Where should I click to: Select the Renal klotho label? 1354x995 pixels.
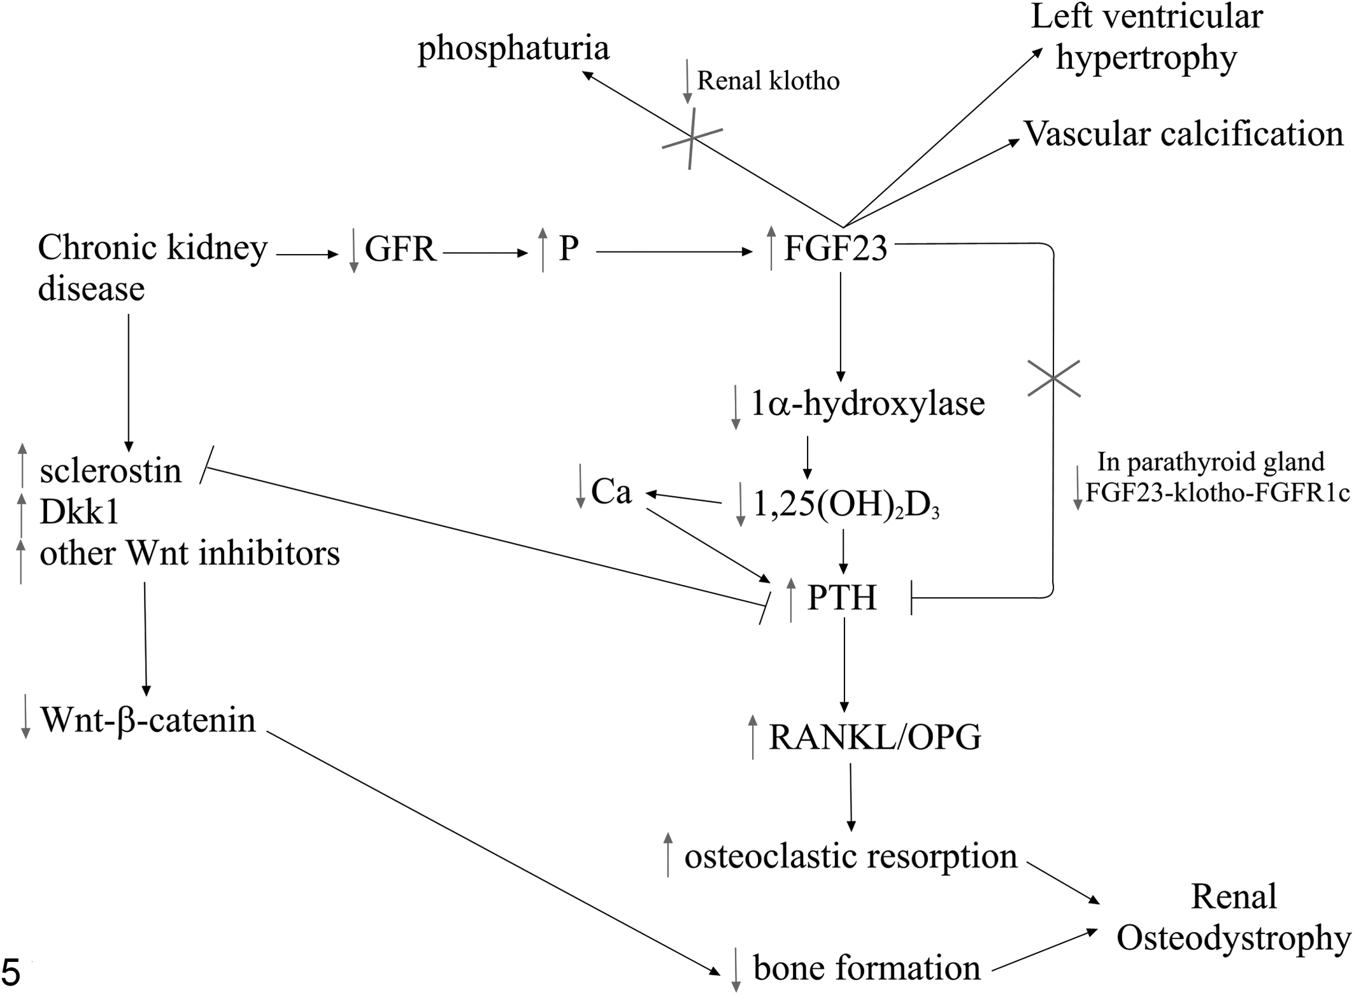768,81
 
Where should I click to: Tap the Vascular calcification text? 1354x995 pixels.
1183,134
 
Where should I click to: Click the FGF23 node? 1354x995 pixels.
835,248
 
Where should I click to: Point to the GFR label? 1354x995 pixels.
400,249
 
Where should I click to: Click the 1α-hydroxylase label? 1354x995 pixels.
867,404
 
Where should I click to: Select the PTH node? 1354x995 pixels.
842,598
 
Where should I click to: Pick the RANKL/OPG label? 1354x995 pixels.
875,737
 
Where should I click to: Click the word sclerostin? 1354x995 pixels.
111,471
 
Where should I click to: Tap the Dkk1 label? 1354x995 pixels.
80,512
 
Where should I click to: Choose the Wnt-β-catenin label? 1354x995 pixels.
148,720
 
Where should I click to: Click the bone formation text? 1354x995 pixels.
867,968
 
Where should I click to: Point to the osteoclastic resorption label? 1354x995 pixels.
851,856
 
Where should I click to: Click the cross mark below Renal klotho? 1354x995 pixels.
692,139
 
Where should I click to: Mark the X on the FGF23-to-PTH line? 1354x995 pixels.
1053,379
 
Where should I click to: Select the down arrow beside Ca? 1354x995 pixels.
580,486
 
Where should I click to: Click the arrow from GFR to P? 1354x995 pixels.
485,253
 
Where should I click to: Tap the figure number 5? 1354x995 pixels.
11,973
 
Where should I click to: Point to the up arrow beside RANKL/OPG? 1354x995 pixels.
753,737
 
